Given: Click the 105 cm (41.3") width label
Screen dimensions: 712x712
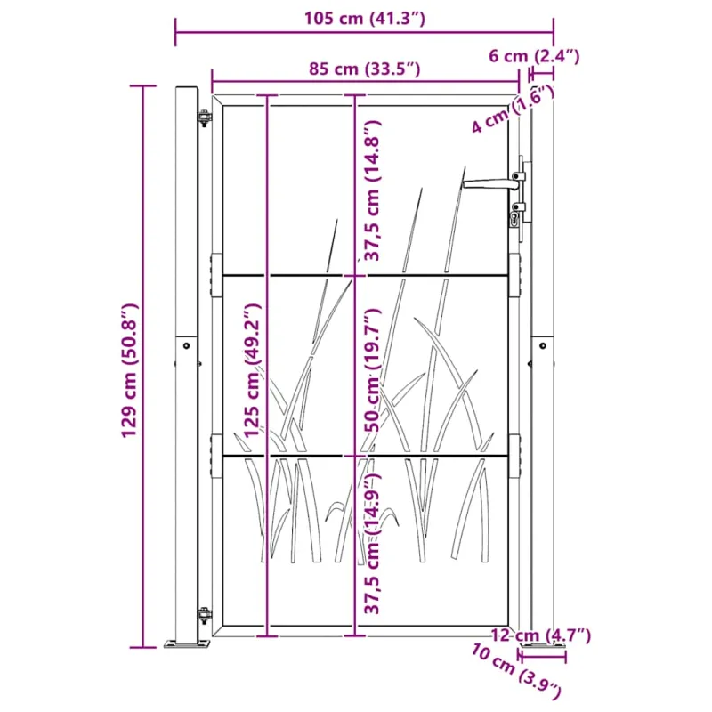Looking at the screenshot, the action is pyautogui.click(x=364, y=19).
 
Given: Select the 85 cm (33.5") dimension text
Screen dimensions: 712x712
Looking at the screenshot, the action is pyautogui.click(x=365, y=69).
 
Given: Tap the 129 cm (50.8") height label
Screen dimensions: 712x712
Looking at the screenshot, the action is pyautogui.click(x=129, y=370).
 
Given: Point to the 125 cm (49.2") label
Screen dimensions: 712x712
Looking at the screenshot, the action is pyautogui.click(x=253, y=369).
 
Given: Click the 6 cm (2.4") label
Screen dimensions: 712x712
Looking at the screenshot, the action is pyautogui.click(x=534, y=56).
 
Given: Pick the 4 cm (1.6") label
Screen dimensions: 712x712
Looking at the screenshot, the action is pyautogui.click(x=513, y=109).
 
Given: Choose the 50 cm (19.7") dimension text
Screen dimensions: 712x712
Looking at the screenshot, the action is pyautogui.click(x=374, y=370).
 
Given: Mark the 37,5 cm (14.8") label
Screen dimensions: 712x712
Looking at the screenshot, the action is pyautogui.click(x=372, y=190).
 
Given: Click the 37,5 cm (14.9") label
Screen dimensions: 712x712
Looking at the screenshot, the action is pyautogui.click(x=372, y=543).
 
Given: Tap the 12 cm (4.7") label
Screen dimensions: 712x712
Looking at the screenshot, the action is pyautogui.click(x=541, y=635).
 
